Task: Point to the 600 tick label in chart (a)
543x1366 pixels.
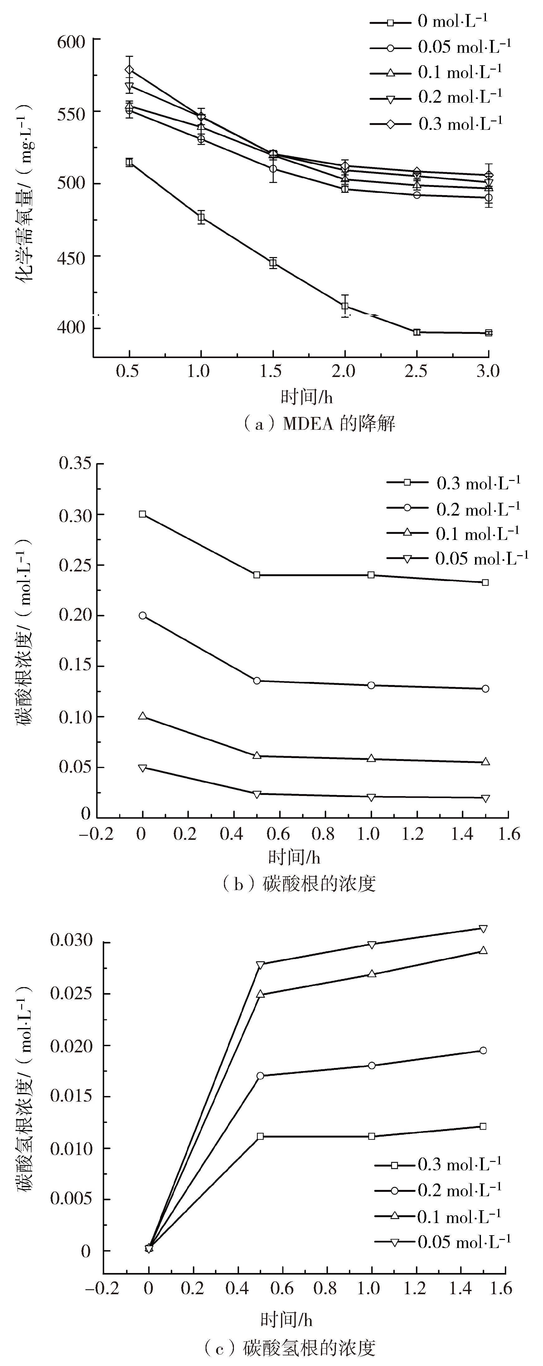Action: (x=71, y=42)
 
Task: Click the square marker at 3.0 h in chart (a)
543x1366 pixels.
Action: (x=488, y=333)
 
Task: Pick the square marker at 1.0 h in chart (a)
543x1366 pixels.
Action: (x=201, y=217)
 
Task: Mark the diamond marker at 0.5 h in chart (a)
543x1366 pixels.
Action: (x=129, y=70)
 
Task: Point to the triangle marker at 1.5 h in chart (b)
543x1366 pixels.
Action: (x=485, y=762)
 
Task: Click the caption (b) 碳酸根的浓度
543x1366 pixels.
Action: (x=299, y=884)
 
